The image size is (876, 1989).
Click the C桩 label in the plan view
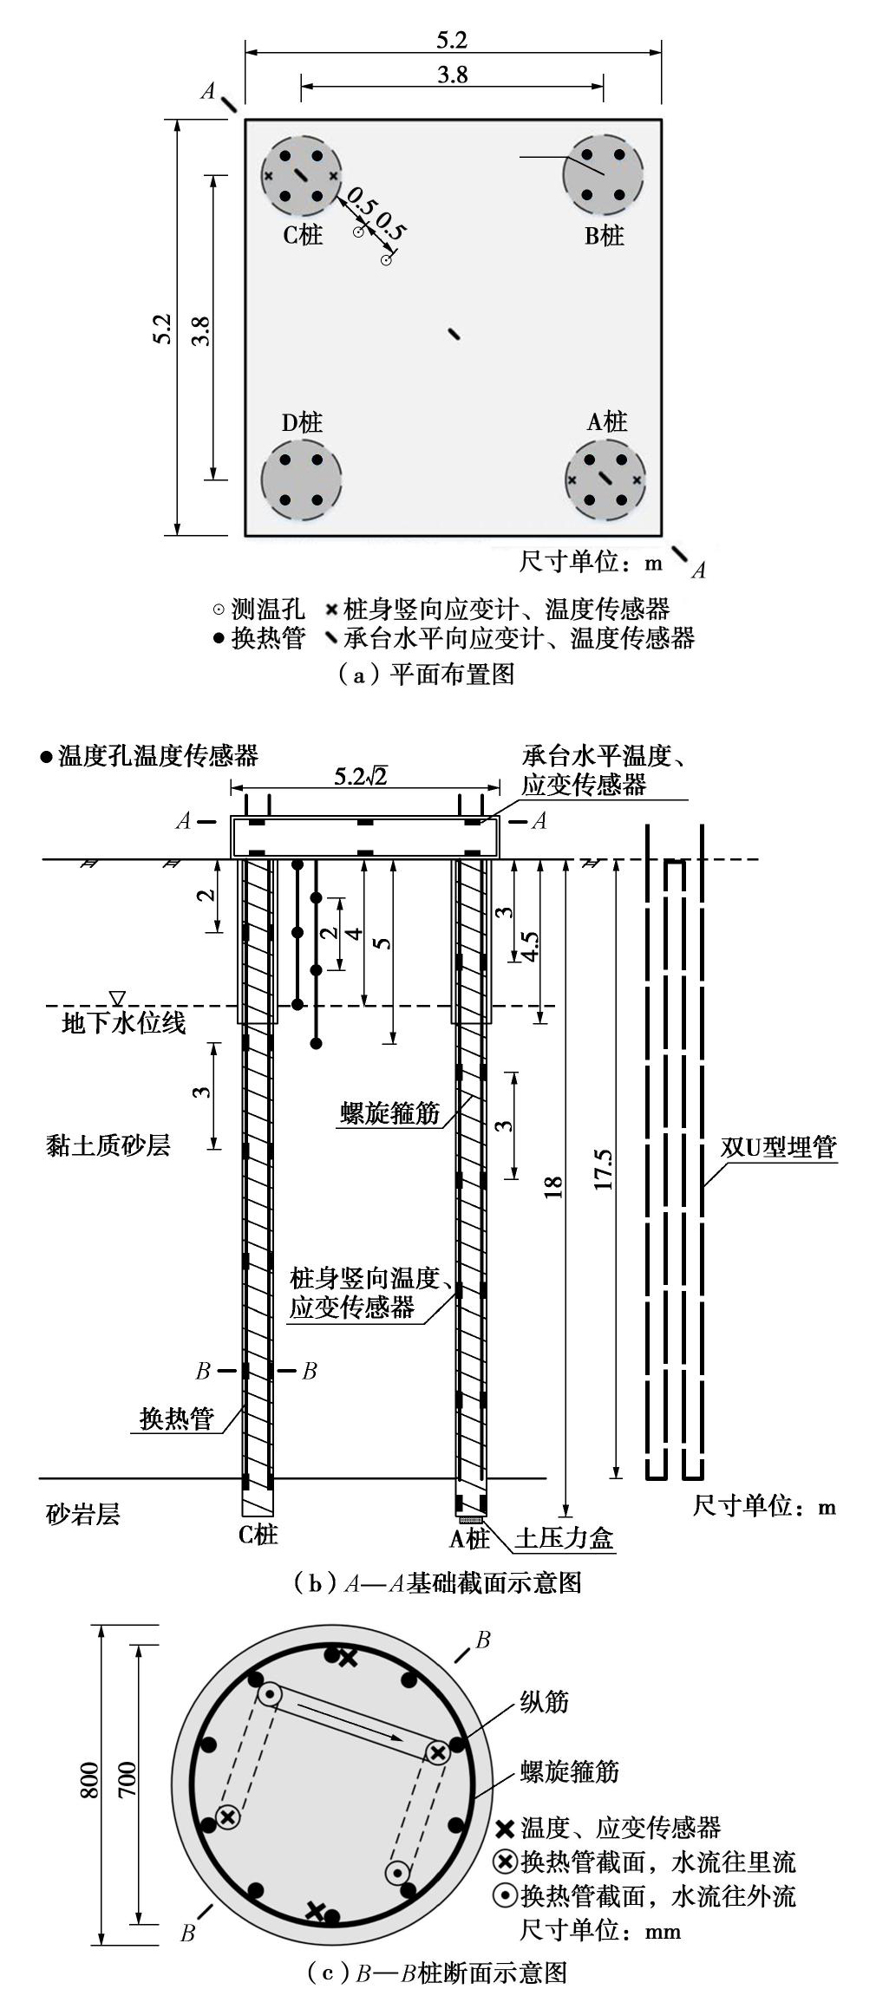[303, 234]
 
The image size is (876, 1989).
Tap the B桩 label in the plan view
[604, 235]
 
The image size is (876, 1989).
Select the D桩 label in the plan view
[301, 422]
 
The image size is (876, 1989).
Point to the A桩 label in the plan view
[606, 421]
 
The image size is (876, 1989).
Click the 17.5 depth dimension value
[604, 1169]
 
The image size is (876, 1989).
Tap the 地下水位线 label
[123, 1022]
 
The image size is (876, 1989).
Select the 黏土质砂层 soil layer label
[108, 1145]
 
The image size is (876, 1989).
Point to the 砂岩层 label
[82, 1515]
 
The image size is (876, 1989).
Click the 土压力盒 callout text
[564, 1538]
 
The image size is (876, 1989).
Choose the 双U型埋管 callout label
[778, 1147]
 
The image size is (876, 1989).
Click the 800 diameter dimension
[90, 1778]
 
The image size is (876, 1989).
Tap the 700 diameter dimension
[127, 1778]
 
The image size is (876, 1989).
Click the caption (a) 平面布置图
[425, 674]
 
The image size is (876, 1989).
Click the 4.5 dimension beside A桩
[528, 947]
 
